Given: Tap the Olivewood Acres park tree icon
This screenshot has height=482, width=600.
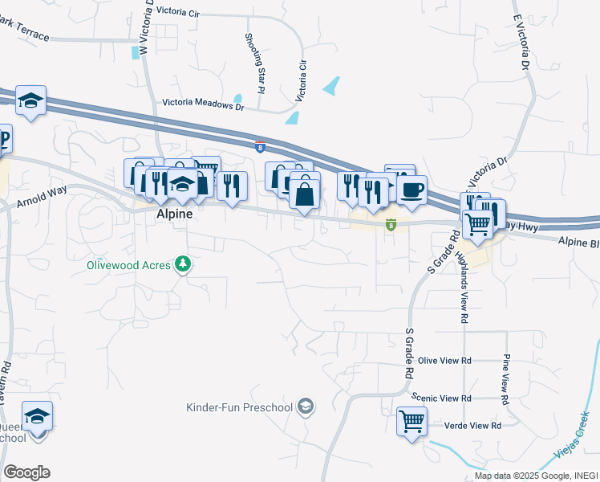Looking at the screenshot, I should click(184, 263).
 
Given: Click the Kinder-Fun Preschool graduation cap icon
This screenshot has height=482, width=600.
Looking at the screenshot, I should click(305, 407).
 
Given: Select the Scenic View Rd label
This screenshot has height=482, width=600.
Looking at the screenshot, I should click(440, 398).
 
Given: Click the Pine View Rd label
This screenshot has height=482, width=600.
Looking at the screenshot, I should click(505, 378).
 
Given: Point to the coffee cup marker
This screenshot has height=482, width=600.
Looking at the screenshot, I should click(411, 190).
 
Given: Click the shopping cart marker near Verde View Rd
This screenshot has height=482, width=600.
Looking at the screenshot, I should click(411, 420).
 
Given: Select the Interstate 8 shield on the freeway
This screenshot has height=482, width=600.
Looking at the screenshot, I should click(259, 146).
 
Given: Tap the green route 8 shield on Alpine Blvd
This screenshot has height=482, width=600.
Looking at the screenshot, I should click(391, 225).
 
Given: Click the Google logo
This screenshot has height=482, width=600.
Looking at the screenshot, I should click(26, 472).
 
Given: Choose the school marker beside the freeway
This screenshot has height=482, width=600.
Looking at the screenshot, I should click(30, 100).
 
